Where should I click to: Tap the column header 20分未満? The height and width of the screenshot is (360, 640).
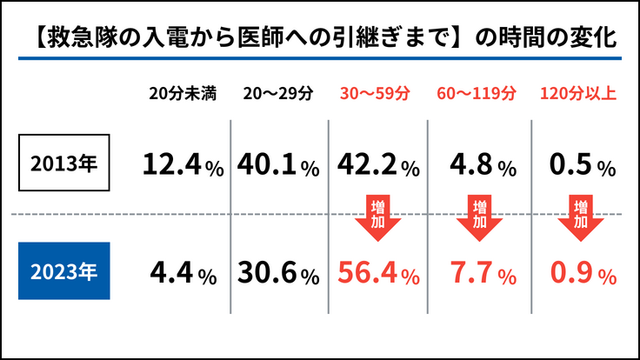tap(181, 93)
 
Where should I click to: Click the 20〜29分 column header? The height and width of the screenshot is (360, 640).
tap(279, 93)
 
